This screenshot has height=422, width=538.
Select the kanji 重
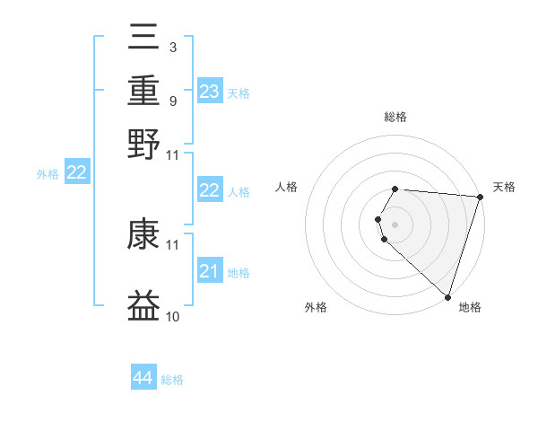pyautogui.click(x=143, y=92)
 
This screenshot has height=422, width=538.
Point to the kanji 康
pyautogui.click(x=143, y=236)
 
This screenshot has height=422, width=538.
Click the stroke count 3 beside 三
pyautogui.click(x=172, y=46)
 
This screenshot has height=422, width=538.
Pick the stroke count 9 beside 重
pyautogui.click(x=172, y=101)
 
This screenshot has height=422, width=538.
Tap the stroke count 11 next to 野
pyautogui.click(x=172, y=154)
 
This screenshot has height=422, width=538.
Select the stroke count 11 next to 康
pyautogui.click(x=172, y=244)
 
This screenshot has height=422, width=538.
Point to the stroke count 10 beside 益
pyautogui.click(x=172, y=316)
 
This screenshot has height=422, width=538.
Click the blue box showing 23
pyautogui.click(x=209, y=92)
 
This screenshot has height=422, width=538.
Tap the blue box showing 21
pyautogui.click(x=209, y=271)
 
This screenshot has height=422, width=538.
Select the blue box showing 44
pyautogui.click(x=143, y=378)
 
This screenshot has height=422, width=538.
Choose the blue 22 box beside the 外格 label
pyautogui.click(x=76, y=173)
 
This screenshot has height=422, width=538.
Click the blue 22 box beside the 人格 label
pyautogui.click(x=209, y=190)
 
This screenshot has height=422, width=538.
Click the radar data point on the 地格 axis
pyautogui.click(x=447, y=296)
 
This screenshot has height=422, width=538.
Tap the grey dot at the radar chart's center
pyautogui.click(x=395, y=224)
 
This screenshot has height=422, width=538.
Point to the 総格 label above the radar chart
pyautogui.click(x=395, y=117)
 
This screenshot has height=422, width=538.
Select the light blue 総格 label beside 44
pyautogui.click(x=172, y=380)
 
